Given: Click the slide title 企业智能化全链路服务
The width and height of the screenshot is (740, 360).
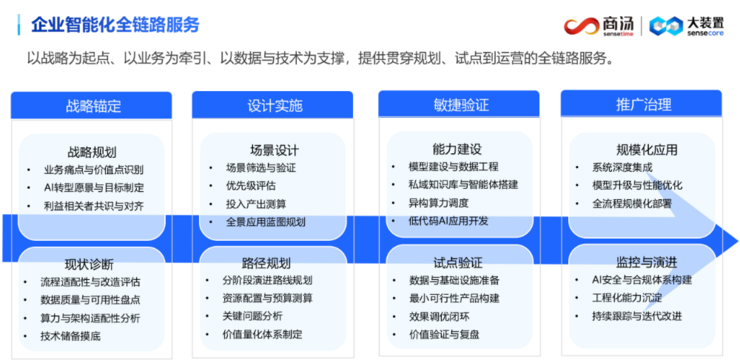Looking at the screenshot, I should click(114, 23).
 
